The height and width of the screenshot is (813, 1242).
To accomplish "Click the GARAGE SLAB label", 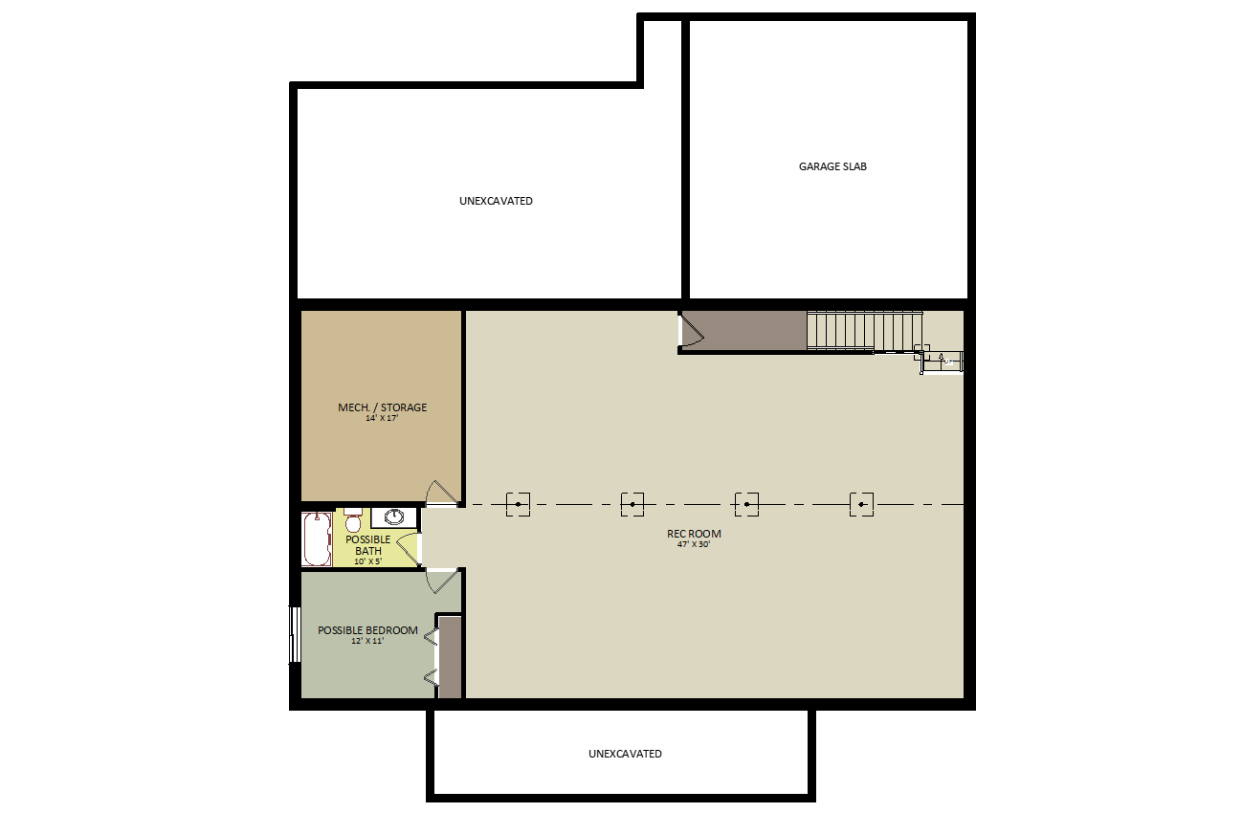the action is click(832, 166).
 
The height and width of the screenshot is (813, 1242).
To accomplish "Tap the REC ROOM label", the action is click(694, 534).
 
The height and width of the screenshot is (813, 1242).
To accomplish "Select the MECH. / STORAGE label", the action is click(382, 407).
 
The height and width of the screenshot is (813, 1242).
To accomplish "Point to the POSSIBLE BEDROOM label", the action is click(367, 630).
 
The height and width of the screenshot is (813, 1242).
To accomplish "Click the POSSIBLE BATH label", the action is click(368, 545).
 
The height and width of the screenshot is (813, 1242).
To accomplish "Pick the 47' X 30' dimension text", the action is click(694, 544).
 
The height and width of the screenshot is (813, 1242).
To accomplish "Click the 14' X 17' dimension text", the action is click(382, 418).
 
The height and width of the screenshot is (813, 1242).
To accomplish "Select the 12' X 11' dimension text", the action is click(367, 641).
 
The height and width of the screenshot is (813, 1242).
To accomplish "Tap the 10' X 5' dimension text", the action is click(368, 560).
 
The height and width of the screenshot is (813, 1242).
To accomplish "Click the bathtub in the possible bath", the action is click(317, 539).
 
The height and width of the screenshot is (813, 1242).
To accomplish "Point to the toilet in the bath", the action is click(353, 519).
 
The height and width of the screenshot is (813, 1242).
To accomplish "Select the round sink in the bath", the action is click(393, 517).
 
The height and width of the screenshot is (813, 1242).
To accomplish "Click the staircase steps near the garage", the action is click(864, 331).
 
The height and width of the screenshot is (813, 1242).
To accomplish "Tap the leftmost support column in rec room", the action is click(518, 504).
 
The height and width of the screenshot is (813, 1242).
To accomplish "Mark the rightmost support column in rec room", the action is click(861, 504).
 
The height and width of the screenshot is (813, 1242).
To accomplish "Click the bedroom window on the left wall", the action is click(295, 634).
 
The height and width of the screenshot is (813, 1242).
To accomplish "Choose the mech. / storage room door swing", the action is click(442, 493).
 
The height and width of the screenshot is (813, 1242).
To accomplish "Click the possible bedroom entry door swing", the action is click(443, 582).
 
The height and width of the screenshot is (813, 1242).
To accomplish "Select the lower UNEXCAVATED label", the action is click(625, 754).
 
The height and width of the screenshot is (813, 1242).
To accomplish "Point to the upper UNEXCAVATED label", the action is click(496, 201).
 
